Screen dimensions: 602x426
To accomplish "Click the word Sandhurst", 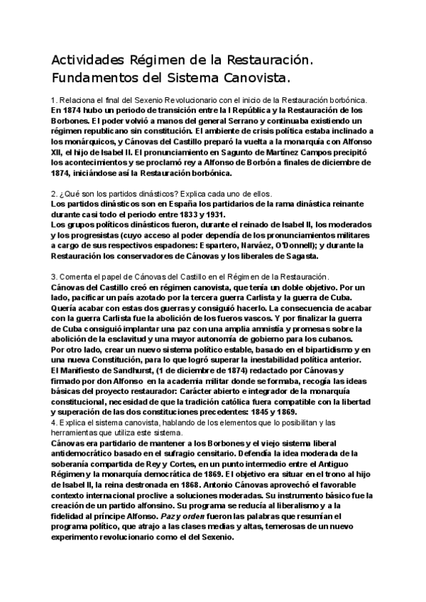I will pos(127,370).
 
